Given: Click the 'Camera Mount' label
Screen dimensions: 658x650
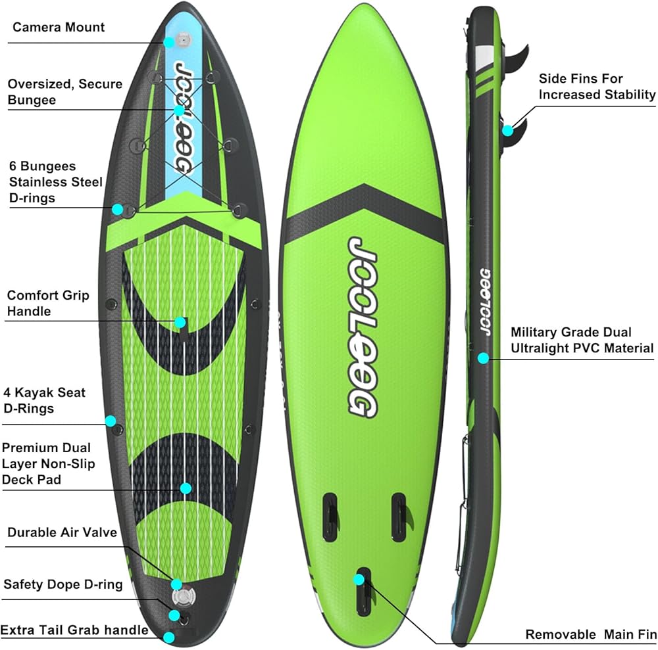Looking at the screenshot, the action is [59, 28].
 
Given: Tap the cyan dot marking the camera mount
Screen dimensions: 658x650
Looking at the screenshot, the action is [169, 42].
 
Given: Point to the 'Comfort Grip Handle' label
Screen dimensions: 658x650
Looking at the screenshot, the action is [47, 303].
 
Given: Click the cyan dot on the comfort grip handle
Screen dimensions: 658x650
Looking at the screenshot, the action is [180, 322].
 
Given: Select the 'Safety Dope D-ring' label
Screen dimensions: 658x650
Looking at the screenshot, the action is [63, 584].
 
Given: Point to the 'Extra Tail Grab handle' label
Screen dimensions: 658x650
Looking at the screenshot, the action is [74, 630].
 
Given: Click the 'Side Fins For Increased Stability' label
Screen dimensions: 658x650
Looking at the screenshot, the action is [597, 87].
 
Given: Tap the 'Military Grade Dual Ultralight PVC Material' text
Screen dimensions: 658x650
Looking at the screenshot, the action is [582, 340].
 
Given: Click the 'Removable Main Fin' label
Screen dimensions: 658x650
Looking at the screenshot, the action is [590, 635].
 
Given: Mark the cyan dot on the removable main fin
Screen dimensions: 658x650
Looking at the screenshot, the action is [359, 580].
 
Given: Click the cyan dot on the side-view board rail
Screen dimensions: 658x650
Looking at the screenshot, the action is [484, 358].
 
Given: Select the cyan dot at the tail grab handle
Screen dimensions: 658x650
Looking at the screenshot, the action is [170, 637].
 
